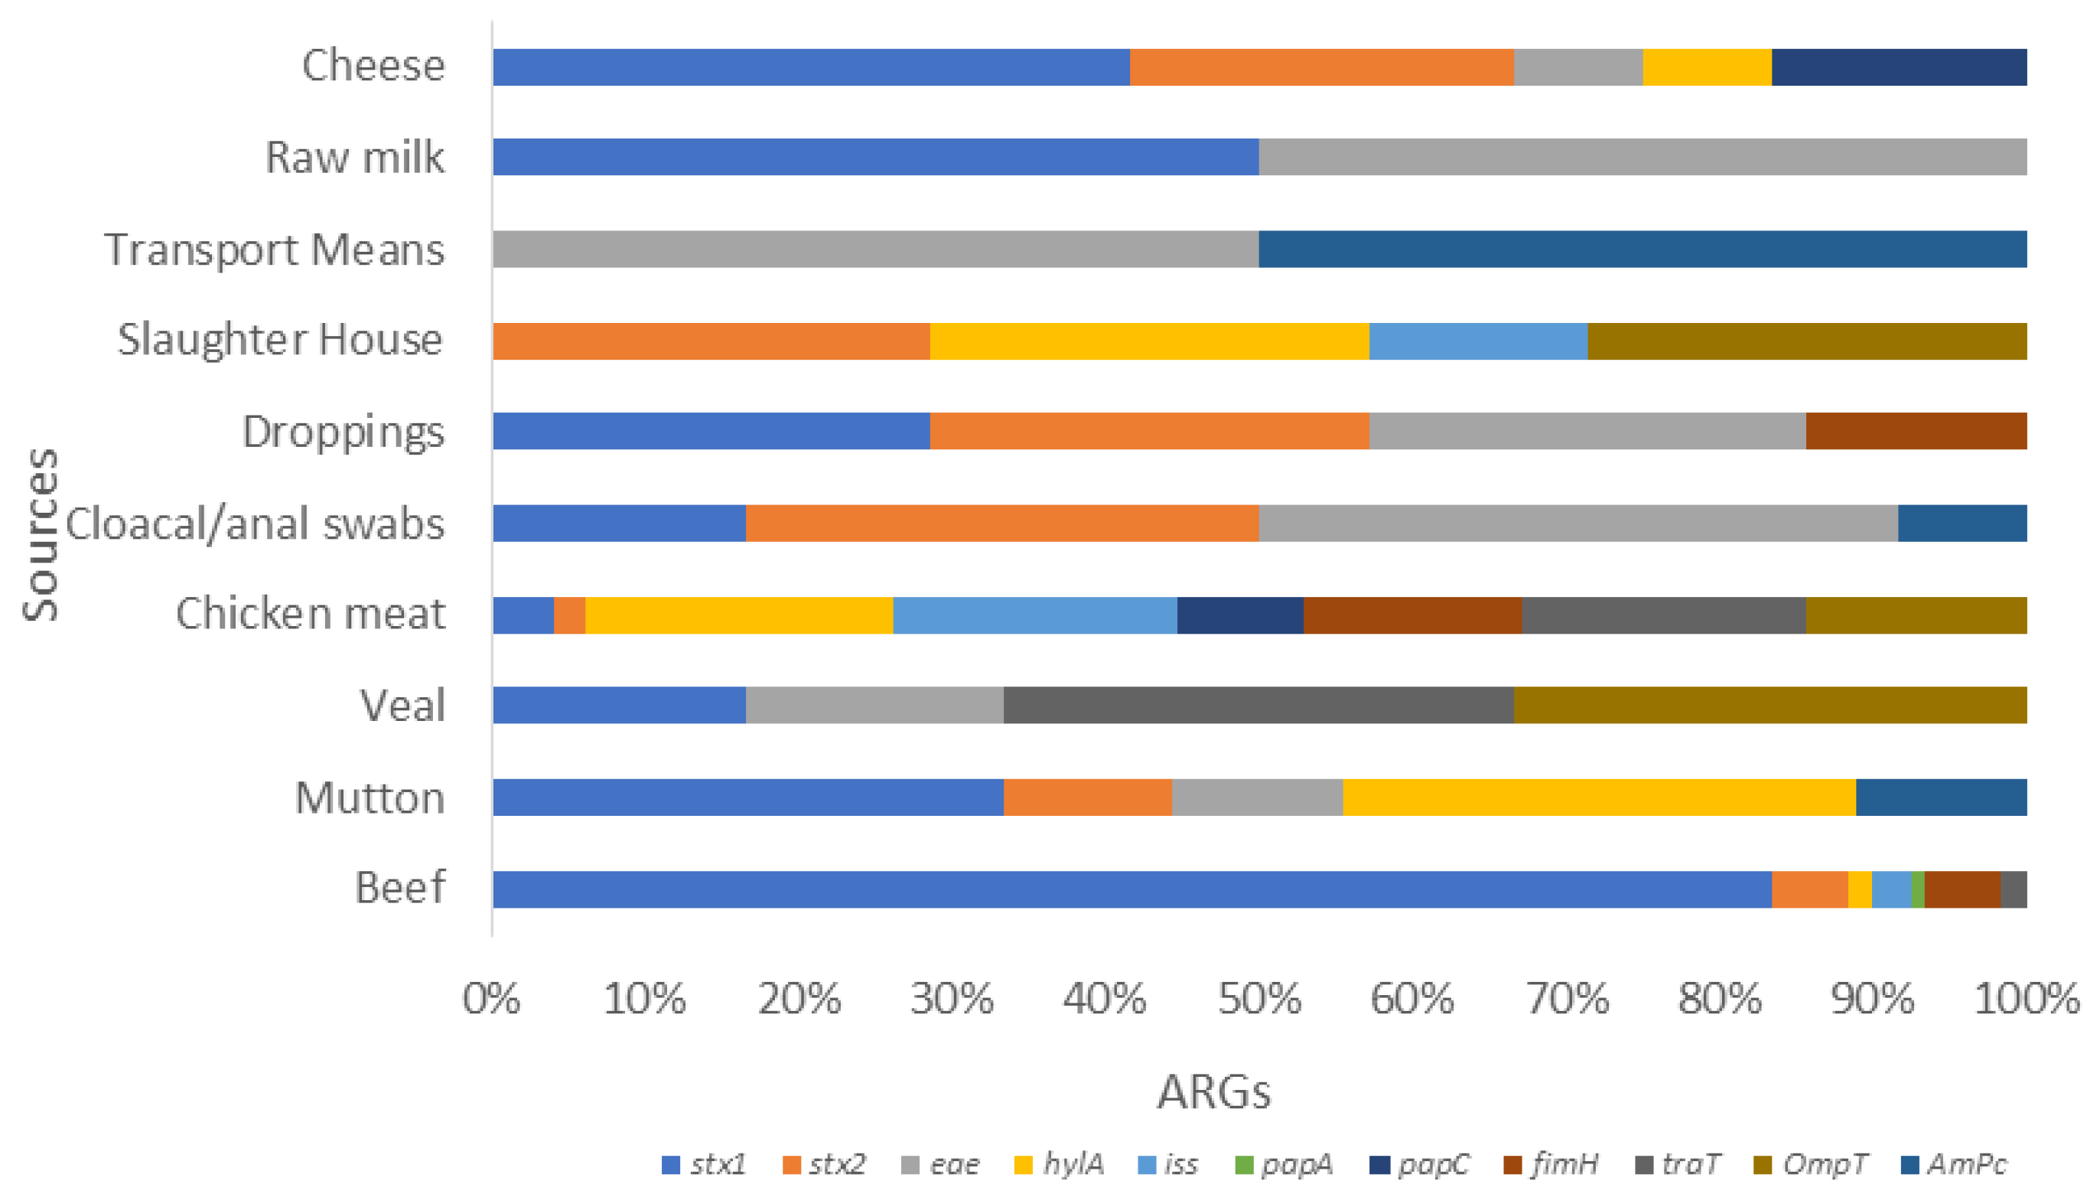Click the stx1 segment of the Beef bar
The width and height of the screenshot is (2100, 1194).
click(x=1131, y=889)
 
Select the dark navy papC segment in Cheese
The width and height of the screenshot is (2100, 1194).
click(x=1898, y=67)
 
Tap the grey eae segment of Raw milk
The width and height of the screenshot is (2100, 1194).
click(x=1642, y=157)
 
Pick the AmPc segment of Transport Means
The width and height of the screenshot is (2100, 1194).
click(x=1642, y=250)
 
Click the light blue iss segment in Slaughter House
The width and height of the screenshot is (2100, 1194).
click(x=1477, y=341)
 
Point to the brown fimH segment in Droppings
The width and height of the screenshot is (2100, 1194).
click(x=1916, y=432)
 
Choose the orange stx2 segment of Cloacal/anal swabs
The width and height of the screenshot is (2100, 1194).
click(x=1001, y=524)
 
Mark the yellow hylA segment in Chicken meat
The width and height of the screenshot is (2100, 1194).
click(x=738, y=615)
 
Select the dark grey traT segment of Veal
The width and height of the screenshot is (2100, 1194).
click(x=1258, y=705)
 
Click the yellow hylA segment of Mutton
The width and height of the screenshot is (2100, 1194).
click(x=1598, y=797)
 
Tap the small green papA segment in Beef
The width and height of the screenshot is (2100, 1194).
click(x=1917, y=889)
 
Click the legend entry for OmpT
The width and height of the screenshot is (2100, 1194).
click(x=1811, y=1163)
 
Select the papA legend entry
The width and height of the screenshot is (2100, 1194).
click(x=1284, y=1163)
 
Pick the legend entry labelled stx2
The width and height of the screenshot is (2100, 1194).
click(x=824, y=1163)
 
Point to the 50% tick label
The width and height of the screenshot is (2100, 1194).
click(x=1258, y=999)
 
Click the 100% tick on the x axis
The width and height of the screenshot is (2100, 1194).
click(x=2027, y=999)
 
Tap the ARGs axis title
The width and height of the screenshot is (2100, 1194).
click(x=1214, y=1091)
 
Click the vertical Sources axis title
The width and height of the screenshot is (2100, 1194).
click(x=40, y=534)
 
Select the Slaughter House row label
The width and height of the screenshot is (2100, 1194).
click(x=279, y=340)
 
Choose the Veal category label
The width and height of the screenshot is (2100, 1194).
click(x=402, y=705)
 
